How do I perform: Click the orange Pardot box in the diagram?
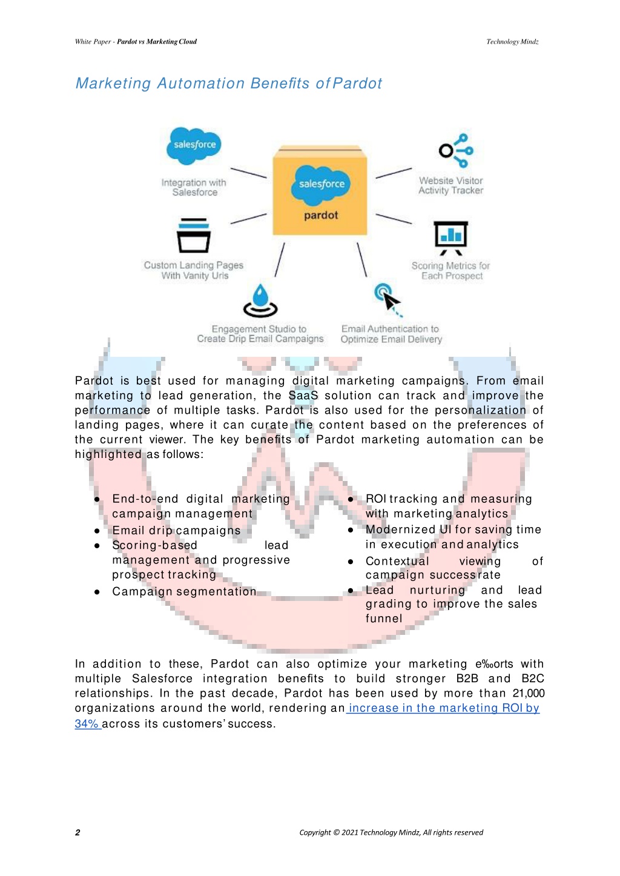pyautogui.click(x=320, y=190)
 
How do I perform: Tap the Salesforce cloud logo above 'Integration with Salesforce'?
pyautogui.click(x=194, y=145)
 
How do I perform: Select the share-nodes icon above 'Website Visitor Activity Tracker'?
pyautogui.click(x=456, y=151)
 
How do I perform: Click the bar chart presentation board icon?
pyautogui.click(x=450, y=238)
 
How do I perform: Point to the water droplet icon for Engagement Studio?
pyautogui.click(x=260, y=300)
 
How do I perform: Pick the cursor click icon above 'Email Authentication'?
pyautogui.click(x=388, y=299)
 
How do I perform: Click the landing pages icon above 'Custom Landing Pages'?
pyautogui.click(x=194, y=236)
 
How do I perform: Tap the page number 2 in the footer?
pyautogui.click(x=77, y=832)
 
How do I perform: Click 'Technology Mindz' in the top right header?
pyautogui.click(x=512, y=41)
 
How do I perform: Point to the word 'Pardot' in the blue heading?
pyautogui.click(x=357, y=83)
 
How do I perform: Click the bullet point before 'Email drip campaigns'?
pyautogui.click(x=97, y=531)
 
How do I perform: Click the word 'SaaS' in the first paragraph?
pyautogui.click(x=303, y=396)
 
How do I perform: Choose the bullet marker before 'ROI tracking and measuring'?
pyautogui.click(x=351, y=499)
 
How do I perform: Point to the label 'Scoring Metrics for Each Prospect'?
pyautogui.click(x=450, y=271)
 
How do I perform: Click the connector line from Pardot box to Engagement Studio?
pyautogui.click(x=280, y=260)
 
